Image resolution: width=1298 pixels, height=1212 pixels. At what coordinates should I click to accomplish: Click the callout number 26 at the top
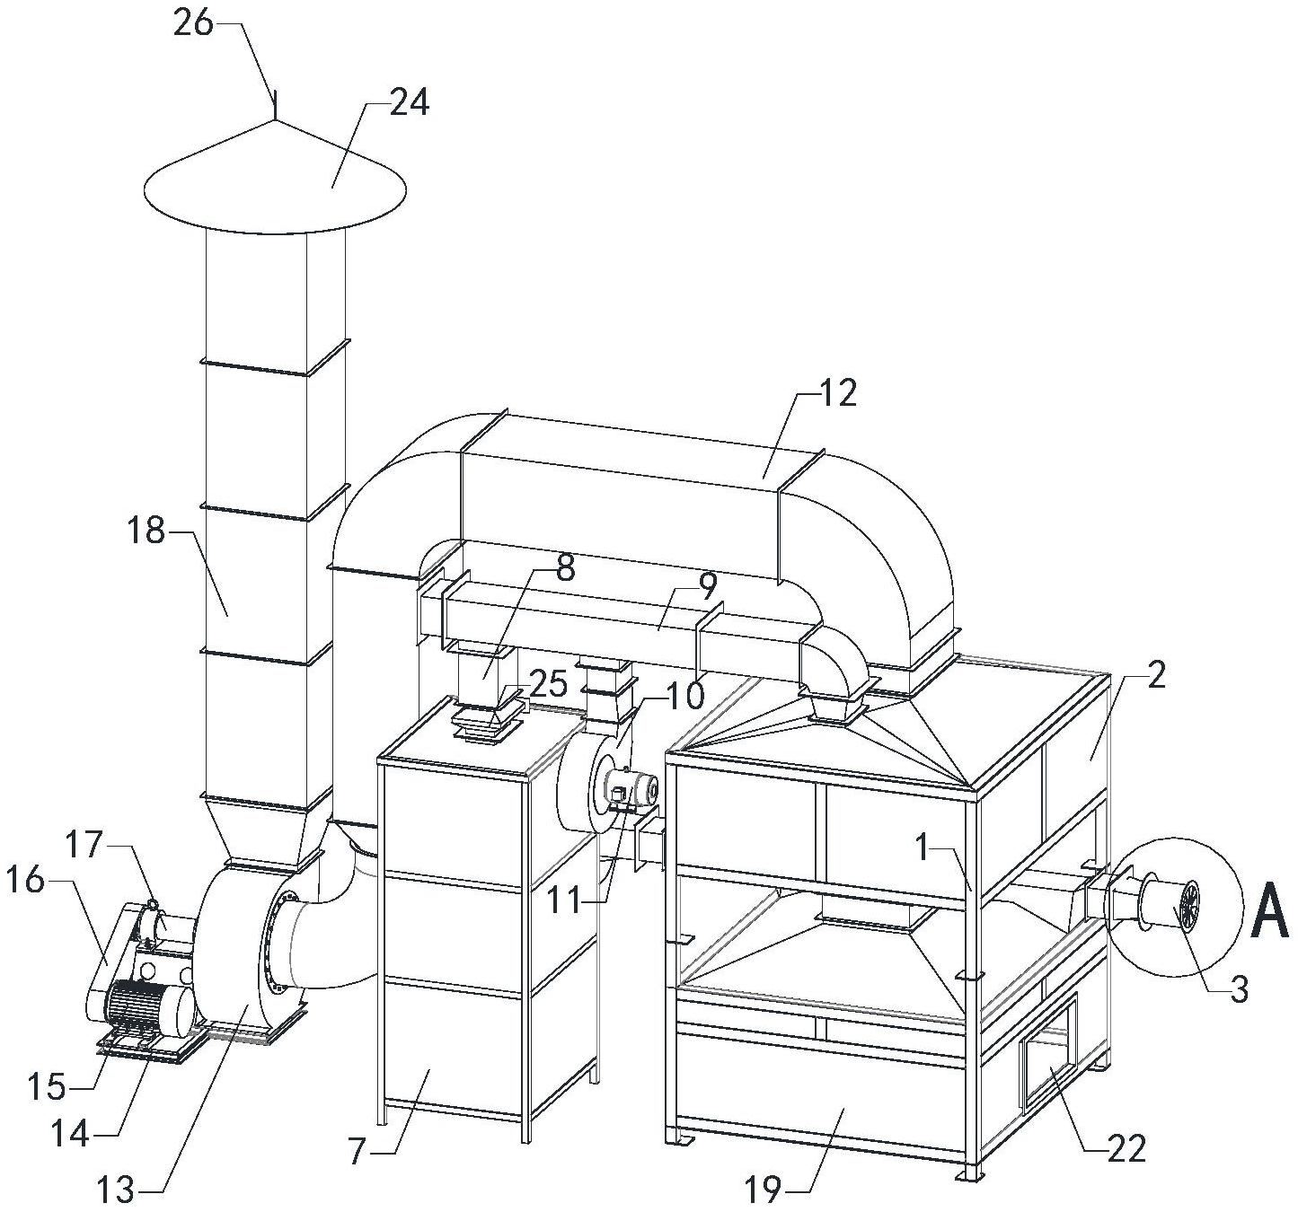tap(193, 22)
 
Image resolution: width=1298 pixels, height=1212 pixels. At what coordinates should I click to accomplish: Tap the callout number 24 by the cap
tap(409, 103)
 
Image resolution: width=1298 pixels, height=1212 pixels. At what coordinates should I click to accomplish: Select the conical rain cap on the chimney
tap(275, 184)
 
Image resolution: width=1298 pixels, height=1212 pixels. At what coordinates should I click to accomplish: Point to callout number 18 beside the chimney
tap(146, 531)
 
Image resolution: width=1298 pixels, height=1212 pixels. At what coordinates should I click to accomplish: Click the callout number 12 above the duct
tap(837, 392)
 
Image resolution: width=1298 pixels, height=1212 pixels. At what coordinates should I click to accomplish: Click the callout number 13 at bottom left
tap(117, 1190)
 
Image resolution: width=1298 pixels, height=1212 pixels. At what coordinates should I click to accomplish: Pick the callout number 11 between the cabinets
tap(567, 899)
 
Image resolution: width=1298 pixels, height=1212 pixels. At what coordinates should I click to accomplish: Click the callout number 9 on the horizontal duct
tap(707, 586)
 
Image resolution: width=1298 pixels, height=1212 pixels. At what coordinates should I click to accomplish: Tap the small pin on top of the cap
tap(275, 104)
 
